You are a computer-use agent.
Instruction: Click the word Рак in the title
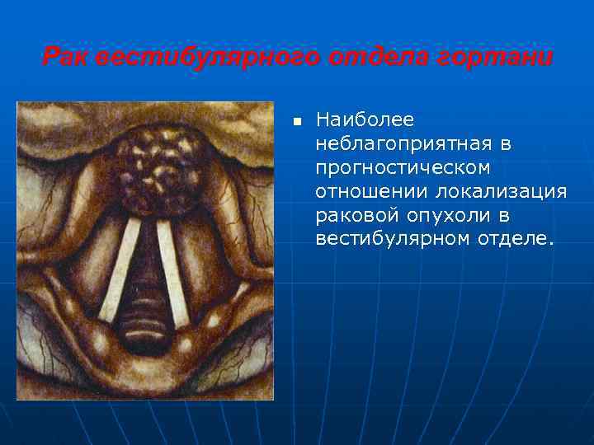[x=65, y=59]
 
